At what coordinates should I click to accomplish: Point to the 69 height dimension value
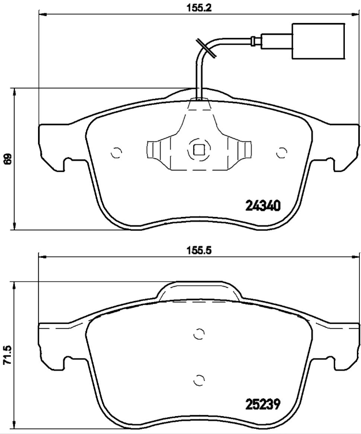point(7,159)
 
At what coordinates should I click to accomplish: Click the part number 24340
point(262,205)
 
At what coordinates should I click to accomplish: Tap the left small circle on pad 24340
point(115,153)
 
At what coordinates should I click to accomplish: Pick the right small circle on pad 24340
point(282,153)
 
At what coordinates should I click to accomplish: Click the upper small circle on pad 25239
point(199,334)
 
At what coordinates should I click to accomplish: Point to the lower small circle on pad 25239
point(199,380)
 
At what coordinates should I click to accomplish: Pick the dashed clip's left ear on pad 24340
point(155,151)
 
